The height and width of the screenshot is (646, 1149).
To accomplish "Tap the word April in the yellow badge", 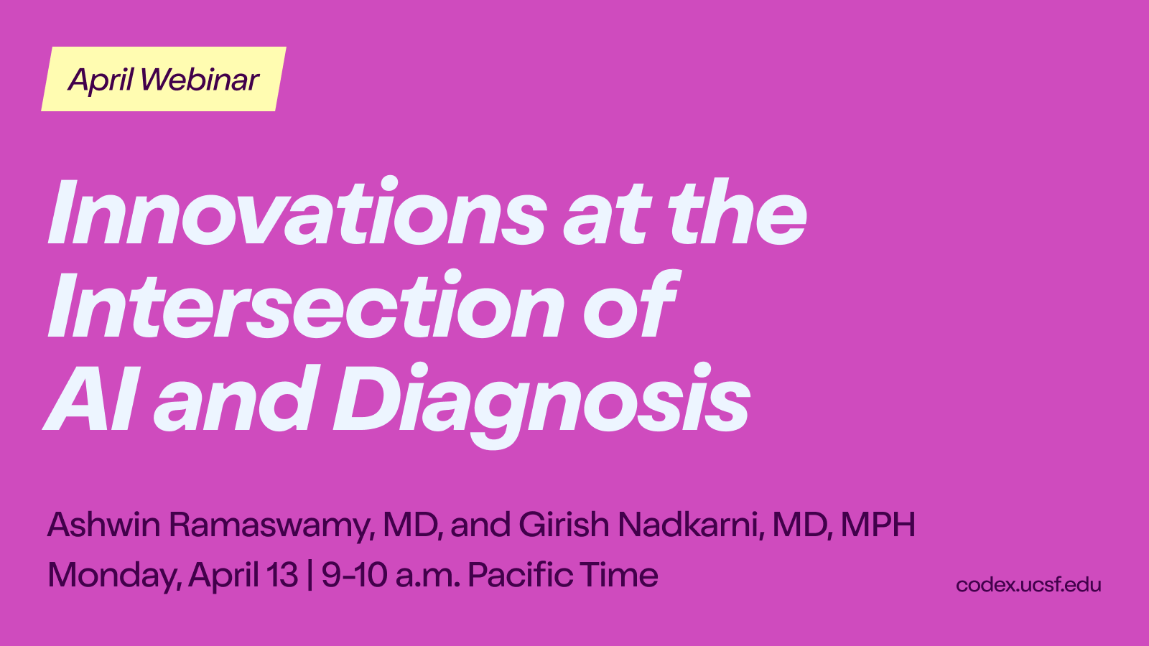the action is coord(101,80).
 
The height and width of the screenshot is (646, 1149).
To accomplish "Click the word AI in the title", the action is coord(89,398).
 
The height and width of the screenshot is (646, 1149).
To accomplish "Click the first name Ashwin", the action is coord(103,525).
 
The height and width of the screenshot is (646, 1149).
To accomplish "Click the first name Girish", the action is coord(563,525).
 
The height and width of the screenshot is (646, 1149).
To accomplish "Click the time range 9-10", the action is coord(354,575).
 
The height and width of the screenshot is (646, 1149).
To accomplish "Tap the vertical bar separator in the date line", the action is coord(310,576).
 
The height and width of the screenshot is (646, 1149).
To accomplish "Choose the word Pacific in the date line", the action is coord(520,575).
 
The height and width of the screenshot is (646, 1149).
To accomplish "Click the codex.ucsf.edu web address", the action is coord(1028,585).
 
